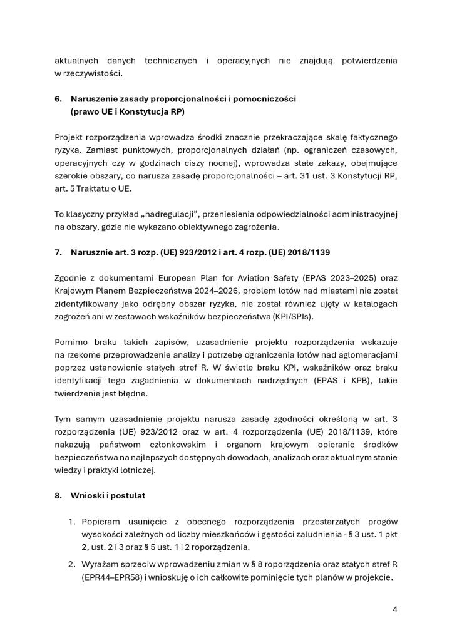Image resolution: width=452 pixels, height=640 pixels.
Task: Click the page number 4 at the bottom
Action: tap(394, 609)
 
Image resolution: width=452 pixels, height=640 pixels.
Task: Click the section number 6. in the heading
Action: tap(58, 99)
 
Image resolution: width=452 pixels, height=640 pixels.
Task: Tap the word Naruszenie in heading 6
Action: tap(93, 99)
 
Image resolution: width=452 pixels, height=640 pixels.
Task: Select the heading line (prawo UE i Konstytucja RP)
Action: tap(128, 111)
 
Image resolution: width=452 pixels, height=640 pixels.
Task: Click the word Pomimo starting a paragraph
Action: tap(71, 343)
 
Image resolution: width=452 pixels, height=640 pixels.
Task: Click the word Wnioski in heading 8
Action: tap(87, 495)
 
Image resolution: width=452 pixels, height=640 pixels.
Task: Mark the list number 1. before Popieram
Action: tap(72, 522)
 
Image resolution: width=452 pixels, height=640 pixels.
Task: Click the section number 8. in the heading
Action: tap(58, 495)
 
